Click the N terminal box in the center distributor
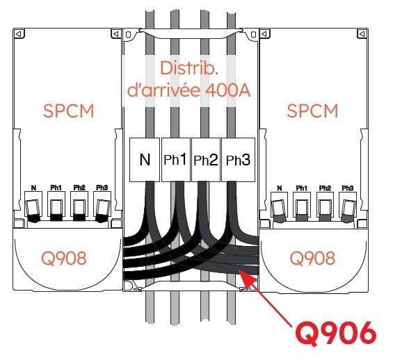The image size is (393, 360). (145, 160)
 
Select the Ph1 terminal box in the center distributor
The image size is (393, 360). (176, 160)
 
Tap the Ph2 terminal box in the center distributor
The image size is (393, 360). (206, 160)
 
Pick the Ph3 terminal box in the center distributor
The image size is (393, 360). (238, 160)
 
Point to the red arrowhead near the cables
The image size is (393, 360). (247, 278)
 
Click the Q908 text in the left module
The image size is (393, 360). (64, 258)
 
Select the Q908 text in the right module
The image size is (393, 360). (312, 258)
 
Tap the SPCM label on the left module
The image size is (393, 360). (68, 111)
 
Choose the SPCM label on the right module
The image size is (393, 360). (312, 111)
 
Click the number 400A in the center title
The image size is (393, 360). (228, 90)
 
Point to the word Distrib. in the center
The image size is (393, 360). (189, 68)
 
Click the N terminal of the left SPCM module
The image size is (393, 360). (33, 204)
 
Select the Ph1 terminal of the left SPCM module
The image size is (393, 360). (56, 204)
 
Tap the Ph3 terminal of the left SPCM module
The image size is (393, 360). (102, 204)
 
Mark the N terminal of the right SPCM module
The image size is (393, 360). (279, 204)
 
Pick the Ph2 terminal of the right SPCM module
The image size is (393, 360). (326, 204)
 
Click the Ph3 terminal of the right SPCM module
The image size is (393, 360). (348, 204)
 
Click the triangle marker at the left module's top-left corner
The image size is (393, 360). (19, 33)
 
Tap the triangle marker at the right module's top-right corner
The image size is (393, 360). (362, 33)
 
